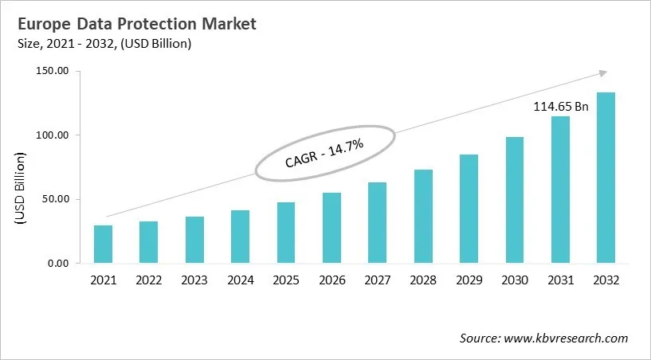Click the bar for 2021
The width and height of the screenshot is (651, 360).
point(103,245)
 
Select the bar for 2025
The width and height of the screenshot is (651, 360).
point(286,233)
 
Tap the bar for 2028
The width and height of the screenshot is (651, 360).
point(423,216)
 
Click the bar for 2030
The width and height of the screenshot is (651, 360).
point(515,200)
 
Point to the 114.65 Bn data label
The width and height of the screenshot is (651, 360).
point(560,107)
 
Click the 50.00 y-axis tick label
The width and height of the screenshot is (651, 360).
point(57,199)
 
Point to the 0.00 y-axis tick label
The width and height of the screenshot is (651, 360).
point(59,264)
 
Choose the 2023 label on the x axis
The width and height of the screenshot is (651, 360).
point(194,280)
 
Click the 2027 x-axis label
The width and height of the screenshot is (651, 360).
point(378,280)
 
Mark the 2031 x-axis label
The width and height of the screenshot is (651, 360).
point(560,280)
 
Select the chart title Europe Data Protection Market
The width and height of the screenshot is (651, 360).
point(132,25)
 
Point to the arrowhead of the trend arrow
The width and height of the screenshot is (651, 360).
point(602,73)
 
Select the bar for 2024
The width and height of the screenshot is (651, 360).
point(240,237)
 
